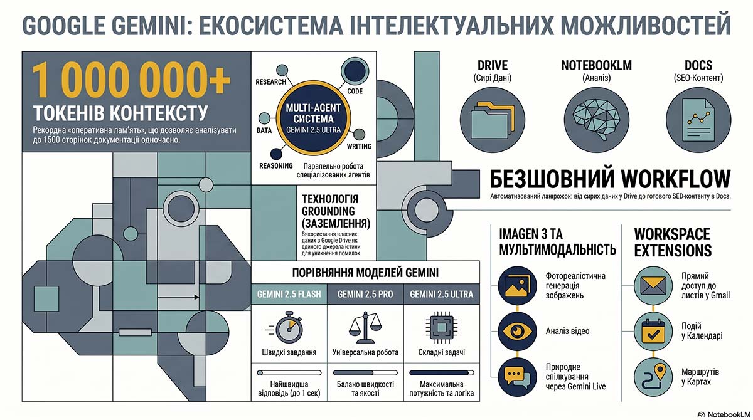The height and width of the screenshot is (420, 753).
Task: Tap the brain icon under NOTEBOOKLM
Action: pyautogui.click(x=596, y=120)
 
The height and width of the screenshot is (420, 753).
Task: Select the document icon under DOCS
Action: pyautogui.click(x=698, y=120)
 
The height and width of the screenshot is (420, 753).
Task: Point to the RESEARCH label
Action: pyautogui.click(x=270, y=82)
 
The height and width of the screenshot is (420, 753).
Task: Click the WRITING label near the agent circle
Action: pyautogui.click(x=359, y=147)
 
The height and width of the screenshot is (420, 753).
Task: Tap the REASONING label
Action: pyautogui.click(x=276, y=166)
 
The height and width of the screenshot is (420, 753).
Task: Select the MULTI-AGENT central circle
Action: pyautogui.click(x=313, y=118)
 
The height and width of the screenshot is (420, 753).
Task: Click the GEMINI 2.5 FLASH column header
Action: pyautogui.click(x=289, y=295)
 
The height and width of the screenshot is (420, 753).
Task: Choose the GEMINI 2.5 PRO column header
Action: pyautogui.click(x=365, y=295)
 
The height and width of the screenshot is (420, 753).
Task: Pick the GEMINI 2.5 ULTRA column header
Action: pyautogui.click(x=441, y=295)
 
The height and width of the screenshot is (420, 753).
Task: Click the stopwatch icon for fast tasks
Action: pyautogui.click(x=286, y=327)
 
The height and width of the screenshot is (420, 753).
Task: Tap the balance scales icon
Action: pyautogui.click(x=365, y=327)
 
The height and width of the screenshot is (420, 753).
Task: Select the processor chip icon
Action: pyautogui.click(x=441, y=327)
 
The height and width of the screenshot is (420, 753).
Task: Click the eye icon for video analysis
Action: pyautogui.click(x=517, y=332)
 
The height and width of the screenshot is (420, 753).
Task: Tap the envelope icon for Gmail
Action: pyautogui.click(x=653, y=286)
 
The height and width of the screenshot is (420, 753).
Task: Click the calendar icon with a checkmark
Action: pyautogui.click(x=653, y=332)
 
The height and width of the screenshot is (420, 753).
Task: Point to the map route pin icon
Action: pyautogui.click(x=653, y=377)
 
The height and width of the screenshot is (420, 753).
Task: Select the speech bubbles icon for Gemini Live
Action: pyautogui.click(x=517, y=377)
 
